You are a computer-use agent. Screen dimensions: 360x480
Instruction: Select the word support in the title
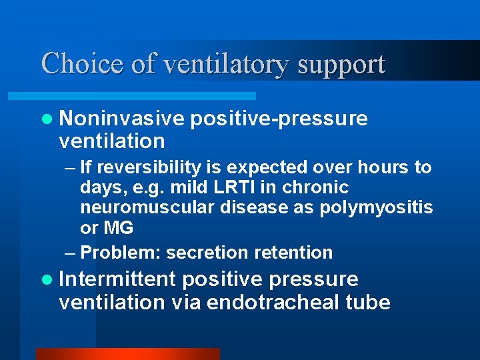pos(341,65)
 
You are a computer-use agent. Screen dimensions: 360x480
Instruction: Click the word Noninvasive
pos(121,118)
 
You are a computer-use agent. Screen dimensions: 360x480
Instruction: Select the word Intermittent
pos(117,279)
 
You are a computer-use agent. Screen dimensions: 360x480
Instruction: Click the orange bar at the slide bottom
pos(127,354)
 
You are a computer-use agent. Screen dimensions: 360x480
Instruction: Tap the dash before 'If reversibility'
pos(71,167)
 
